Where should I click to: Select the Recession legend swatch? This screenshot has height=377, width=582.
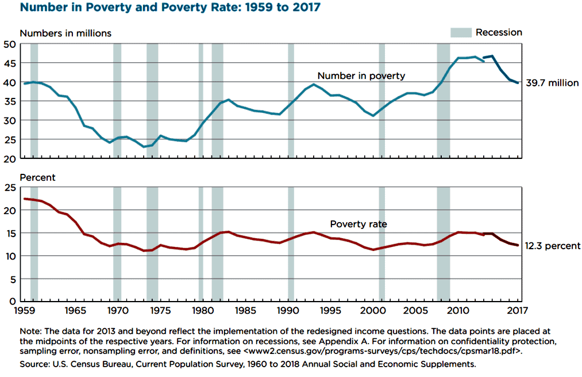coord(460,33)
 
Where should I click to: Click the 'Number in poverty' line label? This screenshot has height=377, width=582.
coord(361,75)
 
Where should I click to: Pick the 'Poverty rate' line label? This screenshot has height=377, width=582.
coord(359,224)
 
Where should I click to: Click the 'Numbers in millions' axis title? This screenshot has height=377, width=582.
coord(65,33)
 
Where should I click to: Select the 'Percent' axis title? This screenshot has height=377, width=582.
coord(37,177)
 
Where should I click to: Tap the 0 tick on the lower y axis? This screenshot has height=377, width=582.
coord(12,300)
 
